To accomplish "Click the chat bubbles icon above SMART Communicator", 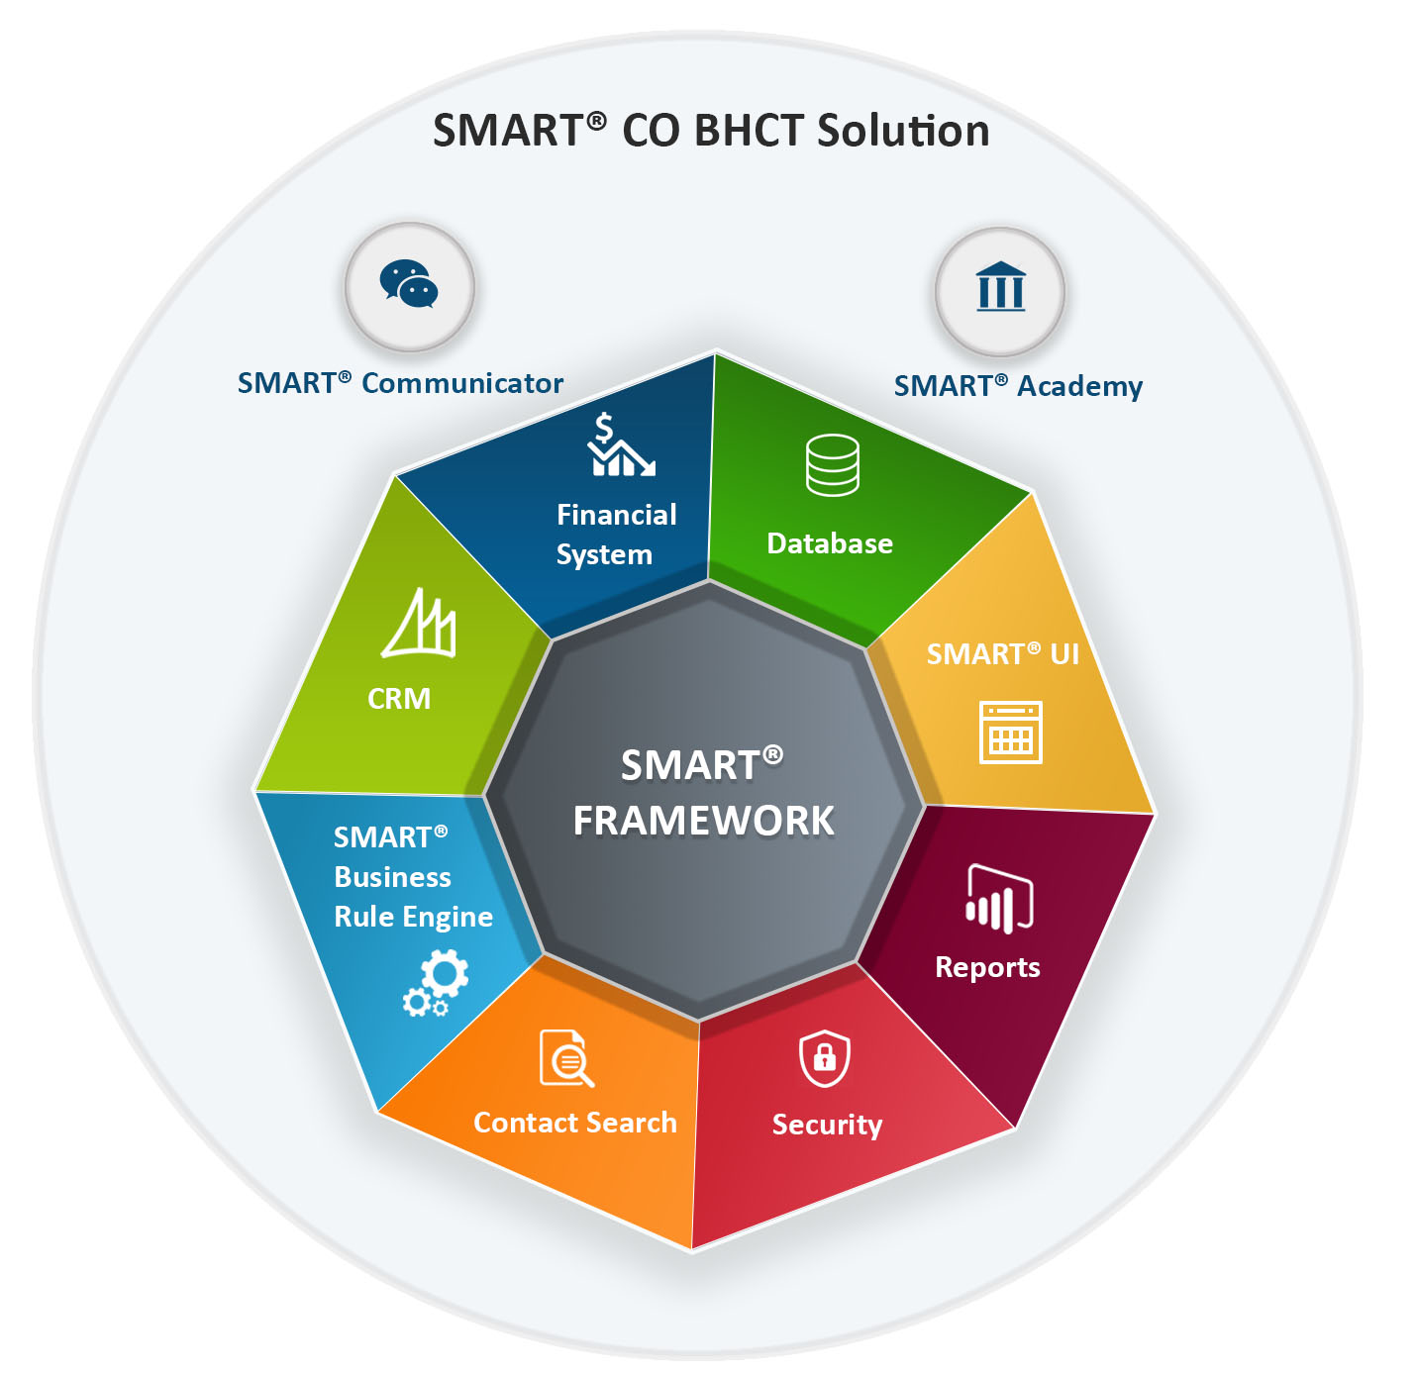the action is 409,283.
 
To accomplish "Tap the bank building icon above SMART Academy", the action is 1000,286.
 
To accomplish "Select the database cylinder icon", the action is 833,465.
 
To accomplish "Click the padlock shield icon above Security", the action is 824,1058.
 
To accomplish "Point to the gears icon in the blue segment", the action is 436,983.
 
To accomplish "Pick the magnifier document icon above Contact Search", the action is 566,1058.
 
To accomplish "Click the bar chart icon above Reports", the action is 999,899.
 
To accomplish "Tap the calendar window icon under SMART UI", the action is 1011,733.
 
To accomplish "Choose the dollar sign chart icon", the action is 621,444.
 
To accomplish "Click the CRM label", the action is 399,699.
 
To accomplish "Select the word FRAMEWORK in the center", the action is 703,821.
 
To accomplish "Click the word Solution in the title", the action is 903,131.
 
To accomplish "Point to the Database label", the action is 830,543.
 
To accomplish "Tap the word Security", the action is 827,1126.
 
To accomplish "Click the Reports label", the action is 987,968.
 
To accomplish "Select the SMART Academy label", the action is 1018,386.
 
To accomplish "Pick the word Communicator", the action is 462,383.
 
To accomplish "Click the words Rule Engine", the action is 414,918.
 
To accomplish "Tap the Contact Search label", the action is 575,1123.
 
